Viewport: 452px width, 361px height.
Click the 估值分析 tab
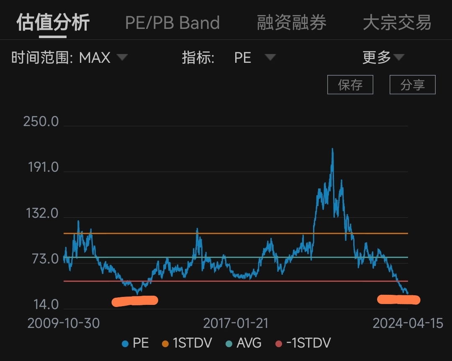(x=53, y=23)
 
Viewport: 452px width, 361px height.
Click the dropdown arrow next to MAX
(x=122, y=57)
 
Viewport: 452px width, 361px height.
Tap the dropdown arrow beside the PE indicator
(x=270, y=57)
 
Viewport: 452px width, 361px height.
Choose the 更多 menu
(x=383, y=57)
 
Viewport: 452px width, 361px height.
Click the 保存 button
(x=350, y=85)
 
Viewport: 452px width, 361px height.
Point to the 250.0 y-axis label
(x=41, y=121)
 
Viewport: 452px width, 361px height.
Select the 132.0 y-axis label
(x=42, y=213)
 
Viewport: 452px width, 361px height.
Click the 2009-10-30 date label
(x=64, y=323)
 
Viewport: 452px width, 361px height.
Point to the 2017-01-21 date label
(x=236, y=323)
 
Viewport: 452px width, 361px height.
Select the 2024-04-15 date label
(x=408, y=323)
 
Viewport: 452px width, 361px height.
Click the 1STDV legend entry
(x=187, y=343)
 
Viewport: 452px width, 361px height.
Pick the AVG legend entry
(x=244, y=343)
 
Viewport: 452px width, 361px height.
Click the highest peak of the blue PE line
(x=332, y=149)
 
